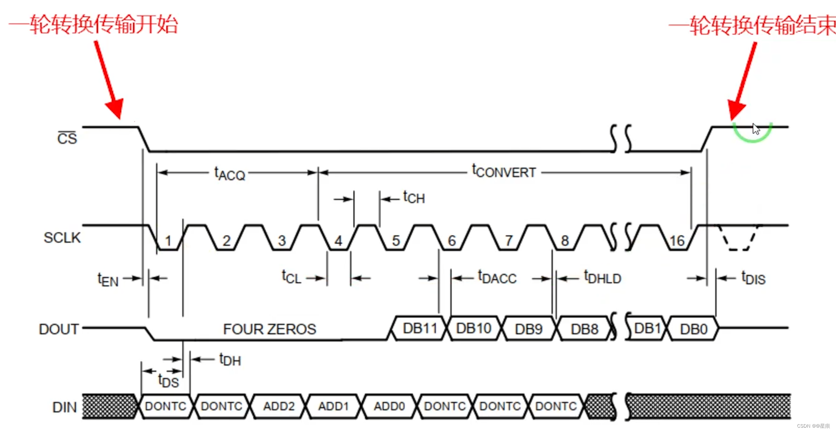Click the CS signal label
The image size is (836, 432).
click(x=67, y=138)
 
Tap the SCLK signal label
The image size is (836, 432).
click(x=62, y=238)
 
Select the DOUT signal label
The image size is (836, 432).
click(x=59, y=329)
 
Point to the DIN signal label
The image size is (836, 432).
click(x=65, y=407)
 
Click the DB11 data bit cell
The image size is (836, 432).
click(x=420, y=328)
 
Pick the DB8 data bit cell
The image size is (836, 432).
click(x=584, y=329)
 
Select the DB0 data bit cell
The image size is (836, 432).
click(x=693, y=329)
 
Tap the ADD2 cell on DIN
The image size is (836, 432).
click(x=279, y=406)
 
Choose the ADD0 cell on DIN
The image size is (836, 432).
click(x=389, y=406)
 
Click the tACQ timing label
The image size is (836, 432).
click(x=230, y=174)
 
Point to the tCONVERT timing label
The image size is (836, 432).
click(x=504, y=172)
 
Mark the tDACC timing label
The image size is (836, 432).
click(x=497, y=277)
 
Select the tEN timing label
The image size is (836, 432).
click(x=108, y=280)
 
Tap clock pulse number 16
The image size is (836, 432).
click(x=677, y=241)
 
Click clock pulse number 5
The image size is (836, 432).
click(x=396, y=240)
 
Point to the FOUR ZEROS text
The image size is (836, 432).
click(x=269, y=329)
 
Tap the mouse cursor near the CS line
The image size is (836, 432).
click(x=756, y=129)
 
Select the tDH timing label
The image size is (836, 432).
click(x=230, y=360)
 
